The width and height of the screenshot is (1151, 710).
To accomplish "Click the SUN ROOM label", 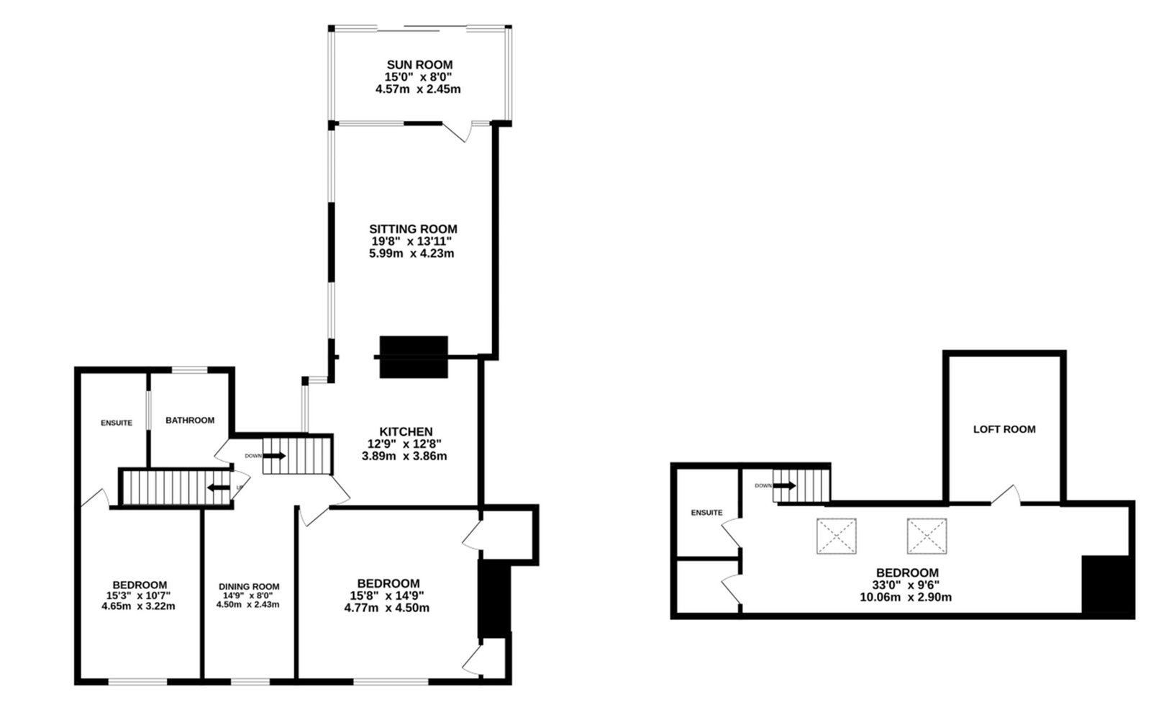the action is pyautogui.click(x=420, y=65).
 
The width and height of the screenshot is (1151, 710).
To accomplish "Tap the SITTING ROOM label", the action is pyautogui.click(x=413, y=229).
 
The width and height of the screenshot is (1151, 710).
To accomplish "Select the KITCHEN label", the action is pyautogui.click(x=406, y=431).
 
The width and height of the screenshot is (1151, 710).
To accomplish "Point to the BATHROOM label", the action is pyautogui.click(x=190, y=421).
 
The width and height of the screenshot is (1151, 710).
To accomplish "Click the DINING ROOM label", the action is pyautogui.click(x=249, y=587).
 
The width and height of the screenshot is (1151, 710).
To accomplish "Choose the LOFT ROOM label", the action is pyautogui.click(x=1004, y=429).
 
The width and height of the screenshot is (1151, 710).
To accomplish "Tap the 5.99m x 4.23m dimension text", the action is pyautogui.click(x=411, y=253).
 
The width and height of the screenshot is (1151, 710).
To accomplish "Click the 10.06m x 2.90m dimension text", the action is pyautogui.click(x=906, y=598).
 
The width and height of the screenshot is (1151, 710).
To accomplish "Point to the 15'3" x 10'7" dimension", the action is pyautogui.click(x=138, y=596).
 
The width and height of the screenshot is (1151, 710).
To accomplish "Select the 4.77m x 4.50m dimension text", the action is pyautogui.click(x=387, y=608).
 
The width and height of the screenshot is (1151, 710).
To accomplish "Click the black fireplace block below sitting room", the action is pyautogui.click(x=414, y=357).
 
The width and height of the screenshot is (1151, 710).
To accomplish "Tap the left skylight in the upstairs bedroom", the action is pyautogui.click(x=837, y=536).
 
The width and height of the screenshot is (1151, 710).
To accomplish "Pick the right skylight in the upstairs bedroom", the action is pyautogui.click(x=927, y=536).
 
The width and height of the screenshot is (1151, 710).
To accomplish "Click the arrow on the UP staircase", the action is pyautogui.click(x=219, y=487).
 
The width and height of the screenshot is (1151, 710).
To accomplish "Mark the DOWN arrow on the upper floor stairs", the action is pyautogui.click(x=785, y=485).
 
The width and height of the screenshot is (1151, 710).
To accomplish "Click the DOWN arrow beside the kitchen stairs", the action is pyautogui.click(x=274, y=456).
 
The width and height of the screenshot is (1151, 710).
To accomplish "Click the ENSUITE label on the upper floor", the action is pyautogui.click(x=706, y=513).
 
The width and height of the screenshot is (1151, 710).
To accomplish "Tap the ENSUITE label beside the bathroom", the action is pyautogui.click(x=117, y=423).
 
